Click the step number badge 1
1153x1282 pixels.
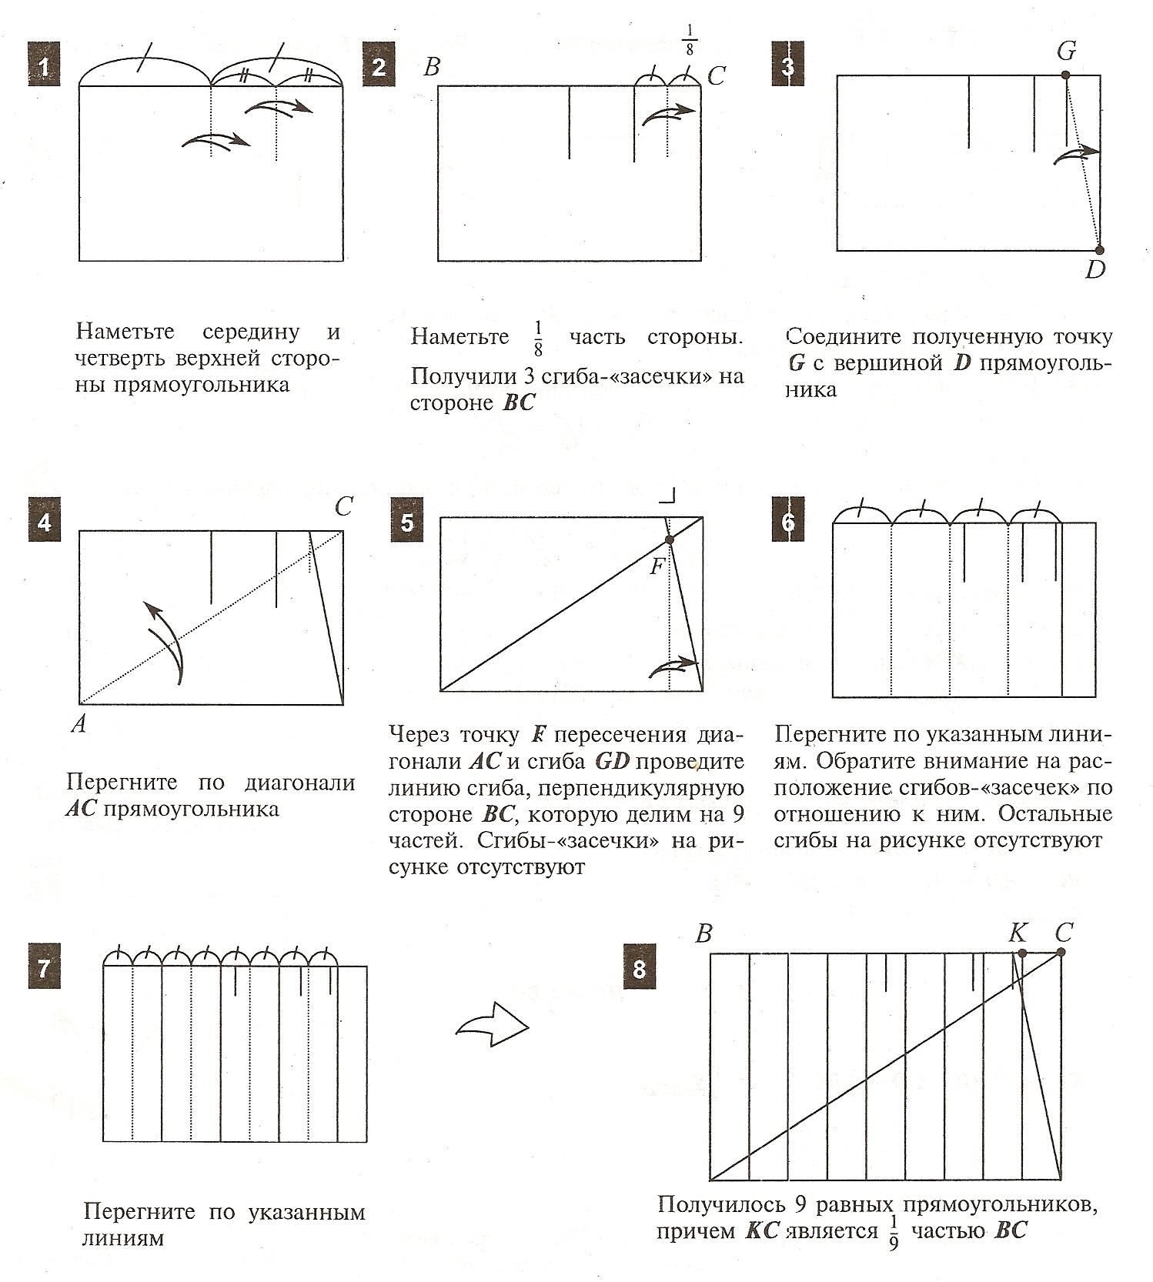pos(45,67)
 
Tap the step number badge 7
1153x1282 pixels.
pos(44,967)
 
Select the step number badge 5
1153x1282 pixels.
pos(407,522)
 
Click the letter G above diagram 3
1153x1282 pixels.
pos(1066,51)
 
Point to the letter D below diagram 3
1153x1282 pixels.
pos(1095,269)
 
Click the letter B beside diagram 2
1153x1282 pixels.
pos(432,67)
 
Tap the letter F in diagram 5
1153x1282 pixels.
pos(657,567)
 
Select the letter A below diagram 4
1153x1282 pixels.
pos(79,724)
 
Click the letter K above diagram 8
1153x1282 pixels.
pos(1018,933)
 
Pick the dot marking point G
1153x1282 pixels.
pos(1065,75)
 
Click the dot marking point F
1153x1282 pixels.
pos(669,540)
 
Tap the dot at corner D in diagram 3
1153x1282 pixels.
pos(1099,250)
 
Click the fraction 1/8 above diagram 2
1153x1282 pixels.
pos(689,39)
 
